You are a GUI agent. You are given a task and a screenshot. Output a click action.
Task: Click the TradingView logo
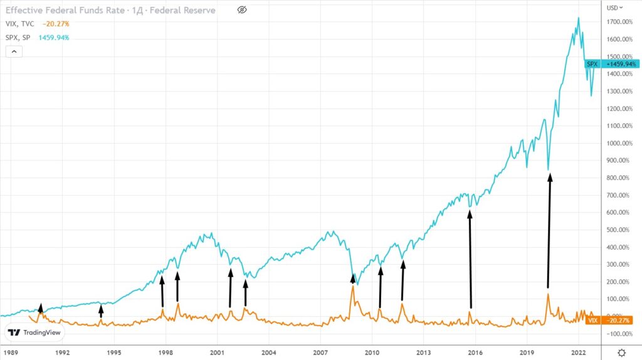click(34, 333)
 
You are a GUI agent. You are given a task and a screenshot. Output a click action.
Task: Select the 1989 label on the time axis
click(11, 353)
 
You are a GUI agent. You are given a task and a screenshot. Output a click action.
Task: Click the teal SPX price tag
click(592, 64)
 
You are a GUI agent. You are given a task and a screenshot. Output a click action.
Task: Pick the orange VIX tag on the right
click(591, 320)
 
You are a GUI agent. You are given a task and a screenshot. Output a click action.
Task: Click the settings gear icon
click(621, 353)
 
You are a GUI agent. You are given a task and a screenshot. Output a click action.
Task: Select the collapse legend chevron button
click(14, 52)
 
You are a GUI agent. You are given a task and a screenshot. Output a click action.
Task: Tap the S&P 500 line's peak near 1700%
click(577, 18)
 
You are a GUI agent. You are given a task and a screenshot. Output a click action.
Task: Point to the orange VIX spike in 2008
click(353, 287)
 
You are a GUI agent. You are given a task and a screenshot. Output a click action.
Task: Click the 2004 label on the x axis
click(269, 353)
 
